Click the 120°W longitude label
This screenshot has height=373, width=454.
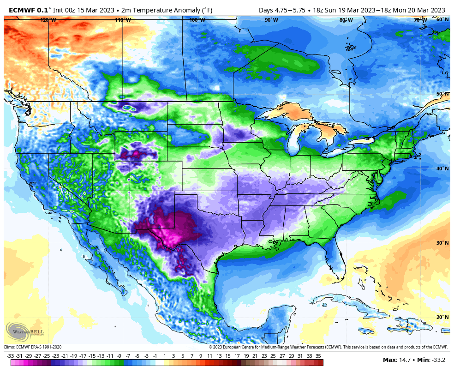click(48, 20)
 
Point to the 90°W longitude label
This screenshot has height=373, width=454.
click(271, 20)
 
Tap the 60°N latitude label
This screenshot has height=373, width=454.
click(442, 19)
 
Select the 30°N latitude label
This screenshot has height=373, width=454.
click(442, 243)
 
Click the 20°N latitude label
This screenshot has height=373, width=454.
click(442, 317)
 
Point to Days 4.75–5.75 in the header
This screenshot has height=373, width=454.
click(282, 10)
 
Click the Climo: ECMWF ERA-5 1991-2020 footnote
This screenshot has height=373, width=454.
click(33, 347)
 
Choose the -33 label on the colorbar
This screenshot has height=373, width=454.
click(10, 356)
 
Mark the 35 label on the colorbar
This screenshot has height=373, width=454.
click(318, 356)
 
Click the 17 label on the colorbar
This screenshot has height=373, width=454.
click(237, 356)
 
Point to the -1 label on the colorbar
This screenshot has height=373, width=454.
click(155, 356)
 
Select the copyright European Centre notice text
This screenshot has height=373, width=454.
click(329, 347)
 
